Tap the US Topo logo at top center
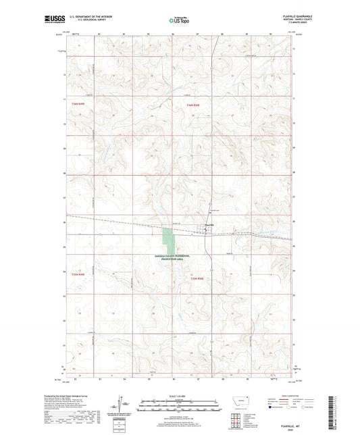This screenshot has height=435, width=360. tap(179, 21)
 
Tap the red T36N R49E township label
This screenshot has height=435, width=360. tap(78, 105)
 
